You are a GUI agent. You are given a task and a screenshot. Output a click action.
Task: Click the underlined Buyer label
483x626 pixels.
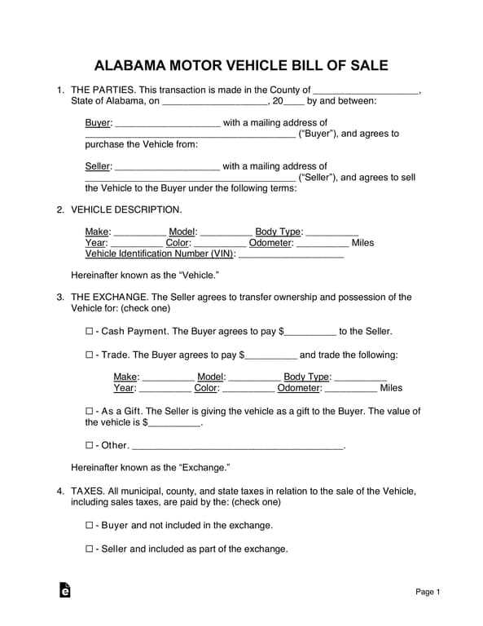point(97,123)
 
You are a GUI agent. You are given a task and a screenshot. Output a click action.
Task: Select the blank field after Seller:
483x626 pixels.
point(168,167)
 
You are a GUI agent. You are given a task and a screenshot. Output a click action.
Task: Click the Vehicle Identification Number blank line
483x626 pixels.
point(292,254)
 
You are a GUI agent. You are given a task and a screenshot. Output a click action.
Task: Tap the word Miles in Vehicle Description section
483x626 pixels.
point(362,243)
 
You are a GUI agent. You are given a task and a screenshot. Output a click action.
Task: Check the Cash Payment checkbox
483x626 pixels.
point(89,332)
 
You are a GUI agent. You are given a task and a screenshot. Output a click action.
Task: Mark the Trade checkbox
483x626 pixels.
point(89,355)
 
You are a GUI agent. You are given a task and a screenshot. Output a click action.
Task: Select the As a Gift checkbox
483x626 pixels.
point(89,412)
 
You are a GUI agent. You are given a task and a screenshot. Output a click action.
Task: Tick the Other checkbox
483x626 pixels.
point(89,446)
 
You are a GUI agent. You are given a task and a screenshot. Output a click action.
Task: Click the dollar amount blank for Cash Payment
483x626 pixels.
point(310,333)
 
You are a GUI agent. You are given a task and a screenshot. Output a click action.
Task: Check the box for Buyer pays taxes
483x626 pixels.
point(89,526)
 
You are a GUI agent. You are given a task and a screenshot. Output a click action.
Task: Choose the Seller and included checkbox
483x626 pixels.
point(89,549)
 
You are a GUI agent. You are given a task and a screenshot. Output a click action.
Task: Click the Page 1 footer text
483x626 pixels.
point(428,592)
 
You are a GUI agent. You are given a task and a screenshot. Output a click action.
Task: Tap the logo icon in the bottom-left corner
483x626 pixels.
point(64,590)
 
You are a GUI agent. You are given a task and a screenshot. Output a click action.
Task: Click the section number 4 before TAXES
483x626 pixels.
point(60,492)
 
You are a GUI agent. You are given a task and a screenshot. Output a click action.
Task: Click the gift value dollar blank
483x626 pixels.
point(173,423)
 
